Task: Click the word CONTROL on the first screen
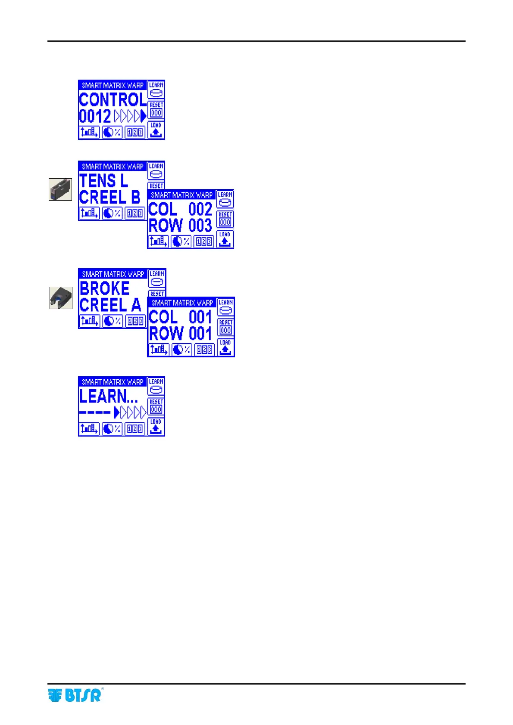[113, 100]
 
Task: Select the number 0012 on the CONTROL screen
[95, 116]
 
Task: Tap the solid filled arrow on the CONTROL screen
[144, 116]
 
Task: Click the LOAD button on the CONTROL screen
[156, 130]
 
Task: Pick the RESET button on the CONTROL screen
[156, 110]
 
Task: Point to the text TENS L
[103, 180]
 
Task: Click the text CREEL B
[109, 197]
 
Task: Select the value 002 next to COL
[200, 209]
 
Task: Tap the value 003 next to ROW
[200, 226]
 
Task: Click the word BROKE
[104, 288]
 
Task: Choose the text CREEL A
[110, 305]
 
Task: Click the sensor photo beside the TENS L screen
[60, 189]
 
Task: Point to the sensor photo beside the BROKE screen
[61, 297]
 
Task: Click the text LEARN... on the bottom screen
[108, 396]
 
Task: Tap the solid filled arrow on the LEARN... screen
[116, 413]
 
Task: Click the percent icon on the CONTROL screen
[112, 132]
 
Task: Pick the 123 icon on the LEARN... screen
[135, 429]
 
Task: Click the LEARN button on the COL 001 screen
[225, 307]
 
